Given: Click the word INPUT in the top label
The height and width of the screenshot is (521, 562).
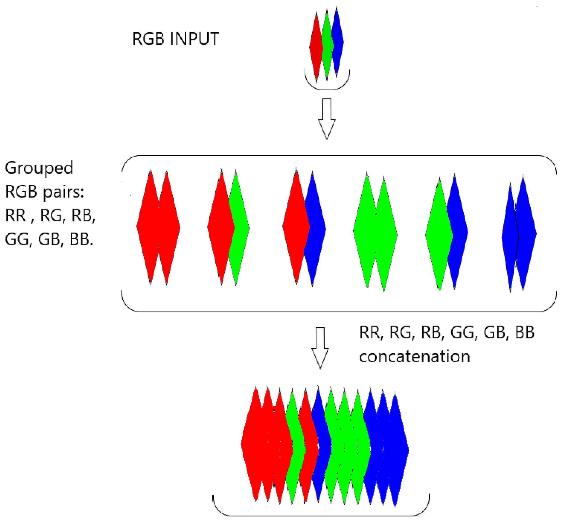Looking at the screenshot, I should point(194,39).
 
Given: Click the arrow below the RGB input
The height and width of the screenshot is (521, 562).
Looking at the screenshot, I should point(326,118).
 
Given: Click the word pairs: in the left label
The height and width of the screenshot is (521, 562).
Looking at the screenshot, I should point(63,192).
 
